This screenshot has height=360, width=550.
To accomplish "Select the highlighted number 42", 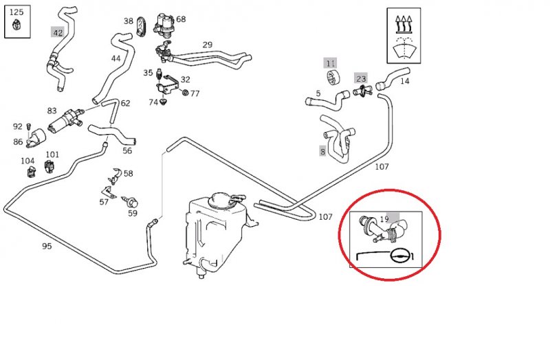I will point(58,32).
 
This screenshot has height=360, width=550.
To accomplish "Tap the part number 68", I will point(181,19).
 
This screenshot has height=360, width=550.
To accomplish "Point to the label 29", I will point(207,45).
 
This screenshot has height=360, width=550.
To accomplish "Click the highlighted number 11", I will point(331,63).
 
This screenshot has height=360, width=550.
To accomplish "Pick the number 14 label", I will point(404,80).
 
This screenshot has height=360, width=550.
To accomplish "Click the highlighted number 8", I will point(322,152).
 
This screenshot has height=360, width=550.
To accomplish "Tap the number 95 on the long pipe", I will point(47,246).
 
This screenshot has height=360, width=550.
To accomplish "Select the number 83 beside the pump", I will point(52,111).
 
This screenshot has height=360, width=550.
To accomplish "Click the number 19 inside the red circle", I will point(384,220).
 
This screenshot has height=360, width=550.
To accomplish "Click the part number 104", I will point(27,161).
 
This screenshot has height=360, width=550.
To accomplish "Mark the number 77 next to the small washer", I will point(195,93).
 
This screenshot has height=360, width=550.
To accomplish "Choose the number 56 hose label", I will point(127,151).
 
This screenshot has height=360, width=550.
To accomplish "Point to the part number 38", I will point(129,21).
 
